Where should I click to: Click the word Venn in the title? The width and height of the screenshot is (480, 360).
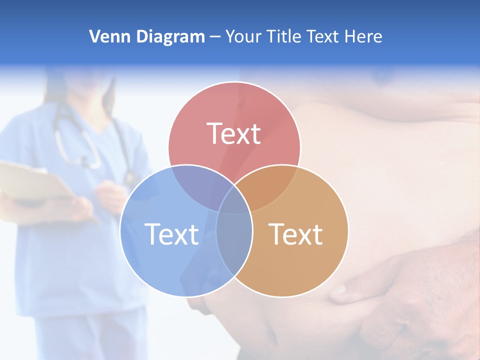pos(105,36)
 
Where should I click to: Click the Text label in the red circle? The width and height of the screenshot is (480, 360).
pos(234,133)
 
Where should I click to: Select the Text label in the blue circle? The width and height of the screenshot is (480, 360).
pos(171,234)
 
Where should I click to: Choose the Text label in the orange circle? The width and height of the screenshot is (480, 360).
pos(296,234)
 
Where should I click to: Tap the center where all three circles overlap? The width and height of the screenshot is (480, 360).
pos(234,202)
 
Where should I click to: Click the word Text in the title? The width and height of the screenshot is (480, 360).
pos(323,36)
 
